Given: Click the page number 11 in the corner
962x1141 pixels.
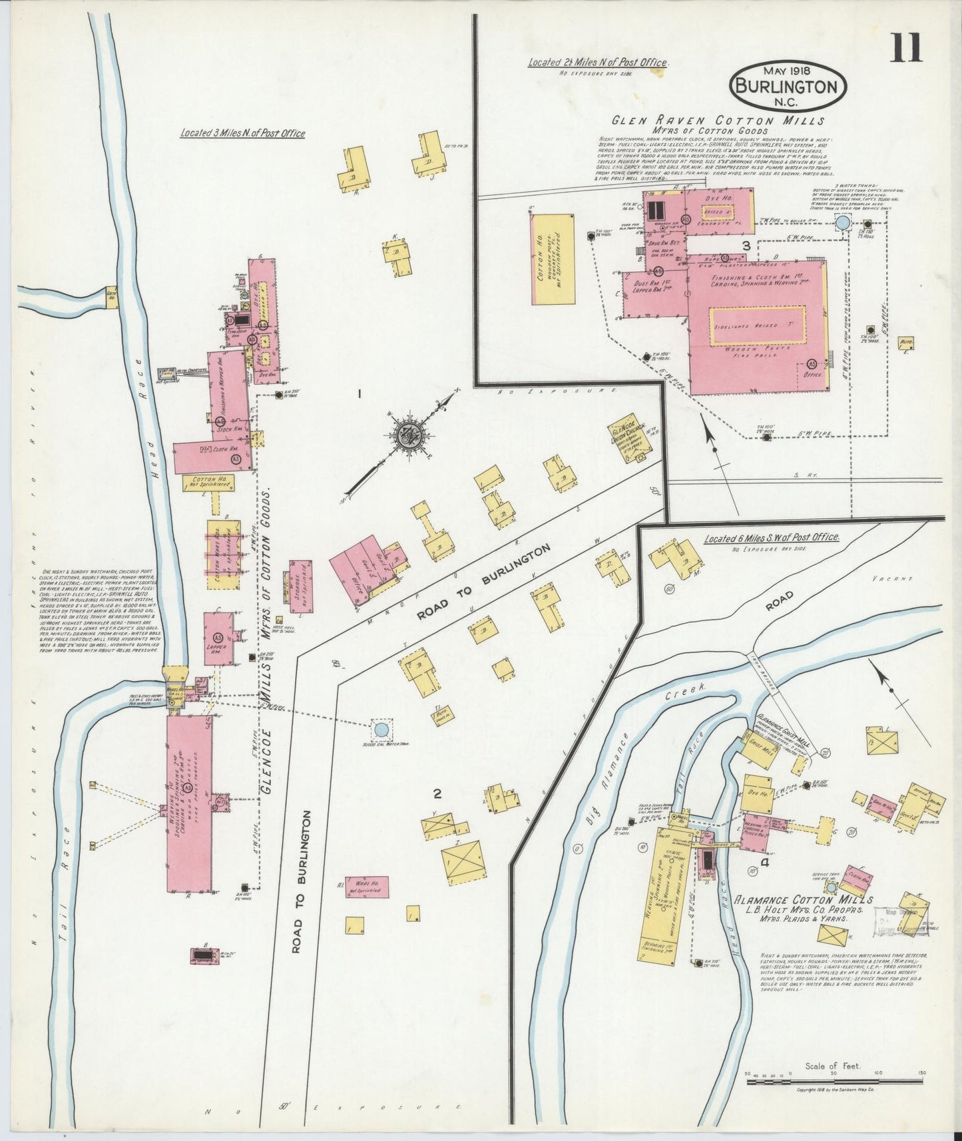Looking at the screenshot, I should point(907,47).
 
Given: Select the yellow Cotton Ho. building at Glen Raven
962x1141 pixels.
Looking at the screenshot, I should point(552,259).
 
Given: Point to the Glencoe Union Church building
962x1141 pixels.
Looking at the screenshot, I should point(626,439).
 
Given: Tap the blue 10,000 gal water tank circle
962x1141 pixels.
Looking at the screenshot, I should point(381,730).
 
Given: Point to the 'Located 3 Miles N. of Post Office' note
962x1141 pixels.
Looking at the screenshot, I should point(242,134).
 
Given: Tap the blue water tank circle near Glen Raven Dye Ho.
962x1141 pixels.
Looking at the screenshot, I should point(842,222).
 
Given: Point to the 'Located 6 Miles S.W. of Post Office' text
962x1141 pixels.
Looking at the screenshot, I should point(771,537).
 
